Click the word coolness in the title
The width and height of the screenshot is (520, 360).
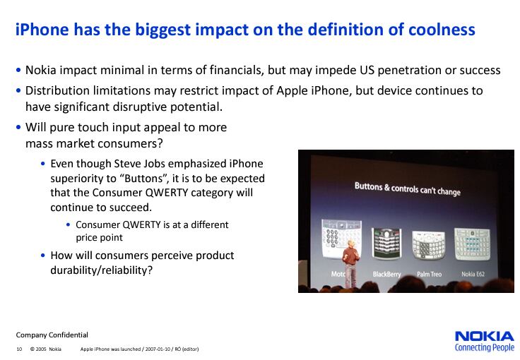coord(442,29)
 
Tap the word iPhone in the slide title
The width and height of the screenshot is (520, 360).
coord(42,29)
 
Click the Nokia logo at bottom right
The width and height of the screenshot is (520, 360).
coord(485,337)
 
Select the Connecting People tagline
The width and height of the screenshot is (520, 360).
coord(485,347)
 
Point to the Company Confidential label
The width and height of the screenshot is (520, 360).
coord(52,335)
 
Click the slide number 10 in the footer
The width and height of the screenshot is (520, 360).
coord(19,349)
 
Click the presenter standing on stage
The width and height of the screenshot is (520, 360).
coord(350,263)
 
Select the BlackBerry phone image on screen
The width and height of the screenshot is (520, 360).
coord(386,244)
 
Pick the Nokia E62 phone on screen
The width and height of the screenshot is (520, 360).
coord(472,244)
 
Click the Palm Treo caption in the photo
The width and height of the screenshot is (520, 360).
coord(429,274)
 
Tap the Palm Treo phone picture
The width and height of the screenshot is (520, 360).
coord(428,245)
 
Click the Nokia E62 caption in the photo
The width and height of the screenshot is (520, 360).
coord(473,274)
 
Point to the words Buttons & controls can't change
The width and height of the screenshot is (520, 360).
coord(408,188)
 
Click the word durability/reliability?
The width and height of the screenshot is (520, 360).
coord(102,270)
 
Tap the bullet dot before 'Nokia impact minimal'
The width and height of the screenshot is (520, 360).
coord(18,70)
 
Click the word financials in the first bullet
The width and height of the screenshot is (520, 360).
coord(237,70)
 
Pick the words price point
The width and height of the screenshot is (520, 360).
coord(99,238)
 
